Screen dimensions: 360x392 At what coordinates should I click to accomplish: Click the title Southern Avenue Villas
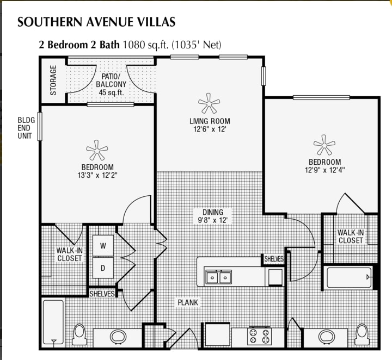coord(96,22)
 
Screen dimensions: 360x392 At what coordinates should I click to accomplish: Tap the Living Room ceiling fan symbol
coord(207,102)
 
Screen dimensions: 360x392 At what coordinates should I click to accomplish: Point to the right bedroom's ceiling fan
coord(324,145)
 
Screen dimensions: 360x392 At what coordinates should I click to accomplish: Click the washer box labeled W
coord(102,246)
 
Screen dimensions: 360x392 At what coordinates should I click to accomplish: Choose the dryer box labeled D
coord(102,268)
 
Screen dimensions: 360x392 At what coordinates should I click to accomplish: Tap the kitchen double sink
coord(218,277)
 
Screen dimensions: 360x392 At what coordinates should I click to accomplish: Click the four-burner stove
coord(259,335)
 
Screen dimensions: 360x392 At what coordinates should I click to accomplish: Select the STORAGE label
coord(53,80)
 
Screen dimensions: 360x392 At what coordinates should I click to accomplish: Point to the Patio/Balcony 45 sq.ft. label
coord(111,84)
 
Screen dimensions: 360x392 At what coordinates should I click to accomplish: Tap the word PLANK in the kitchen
coord(188,302)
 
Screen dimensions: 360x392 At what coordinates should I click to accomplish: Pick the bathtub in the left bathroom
coord(53,322)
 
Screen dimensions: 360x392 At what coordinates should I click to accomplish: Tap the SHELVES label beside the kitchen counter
coord(274,259)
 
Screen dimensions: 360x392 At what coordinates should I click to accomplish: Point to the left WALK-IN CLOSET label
coord(69,254)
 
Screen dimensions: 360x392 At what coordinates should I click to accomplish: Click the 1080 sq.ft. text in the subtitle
coord(146,45)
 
